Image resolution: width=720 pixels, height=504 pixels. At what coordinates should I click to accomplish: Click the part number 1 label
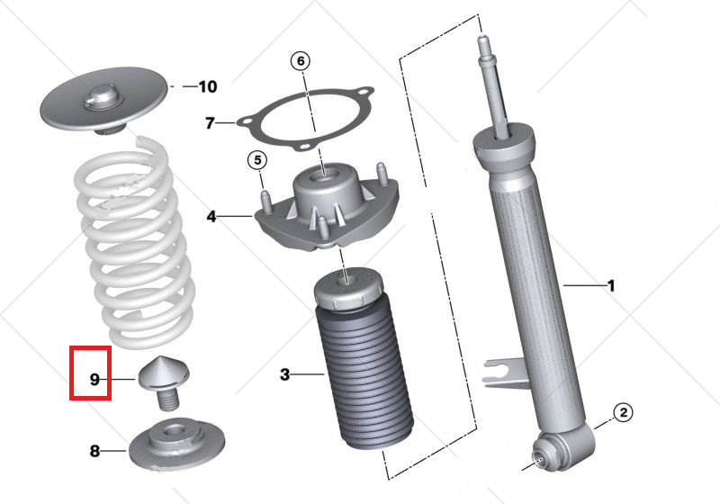point(611,286)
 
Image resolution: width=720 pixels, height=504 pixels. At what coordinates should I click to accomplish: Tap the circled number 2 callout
point(623,413)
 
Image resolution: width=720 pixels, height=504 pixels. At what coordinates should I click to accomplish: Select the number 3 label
point(284,373)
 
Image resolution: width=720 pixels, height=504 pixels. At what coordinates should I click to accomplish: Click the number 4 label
point(211,216)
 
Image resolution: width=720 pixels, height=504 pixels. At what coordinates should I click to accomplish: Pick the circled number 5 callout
point(257,161)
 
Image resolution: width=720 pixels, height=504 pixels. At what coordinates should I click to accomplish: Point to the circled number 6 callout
point(301,61)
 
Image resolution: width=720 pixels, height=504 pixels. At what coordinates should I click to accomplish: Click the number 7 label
point(210,122)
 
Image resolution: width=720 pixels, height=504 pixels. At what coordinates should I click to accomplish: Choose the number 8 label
point(95,451)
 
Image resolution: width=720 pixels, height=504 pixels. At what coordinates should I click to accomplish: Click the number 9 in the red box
point(94,380)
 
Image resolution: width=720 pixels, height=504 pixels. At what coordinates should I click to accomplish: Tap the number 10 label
point(207,87)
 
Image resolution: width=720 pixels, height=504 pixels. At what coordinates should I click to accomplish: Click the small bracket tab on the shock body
point(499,368)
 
